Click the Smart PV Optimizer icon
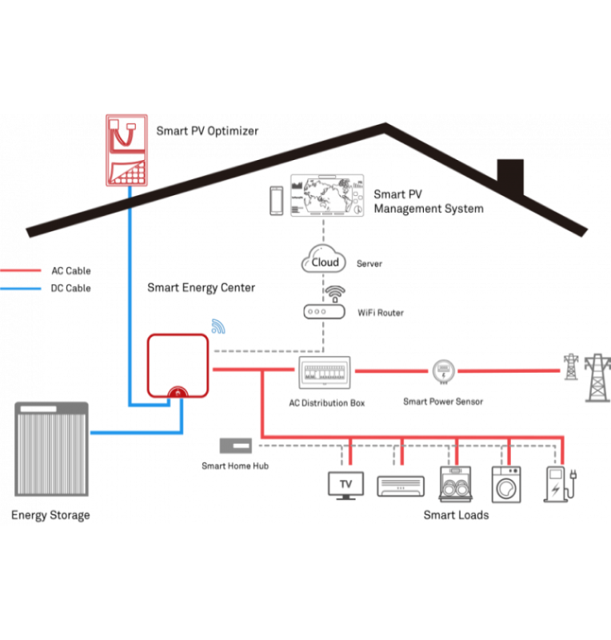(126, 150)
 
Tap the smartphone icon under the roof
(276, 201)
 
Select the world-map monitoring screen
(327, 197)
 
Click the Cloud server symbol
(325, 262)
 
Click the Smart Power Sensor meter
(443, 371)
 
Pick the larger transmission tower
(597, 377)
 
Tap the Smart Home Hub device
(236, 446)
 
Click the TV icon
(346, 485)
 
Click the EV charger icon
(557, 484)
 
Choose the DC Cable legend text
(70, 288)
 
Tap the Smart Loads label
(456, 515)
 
